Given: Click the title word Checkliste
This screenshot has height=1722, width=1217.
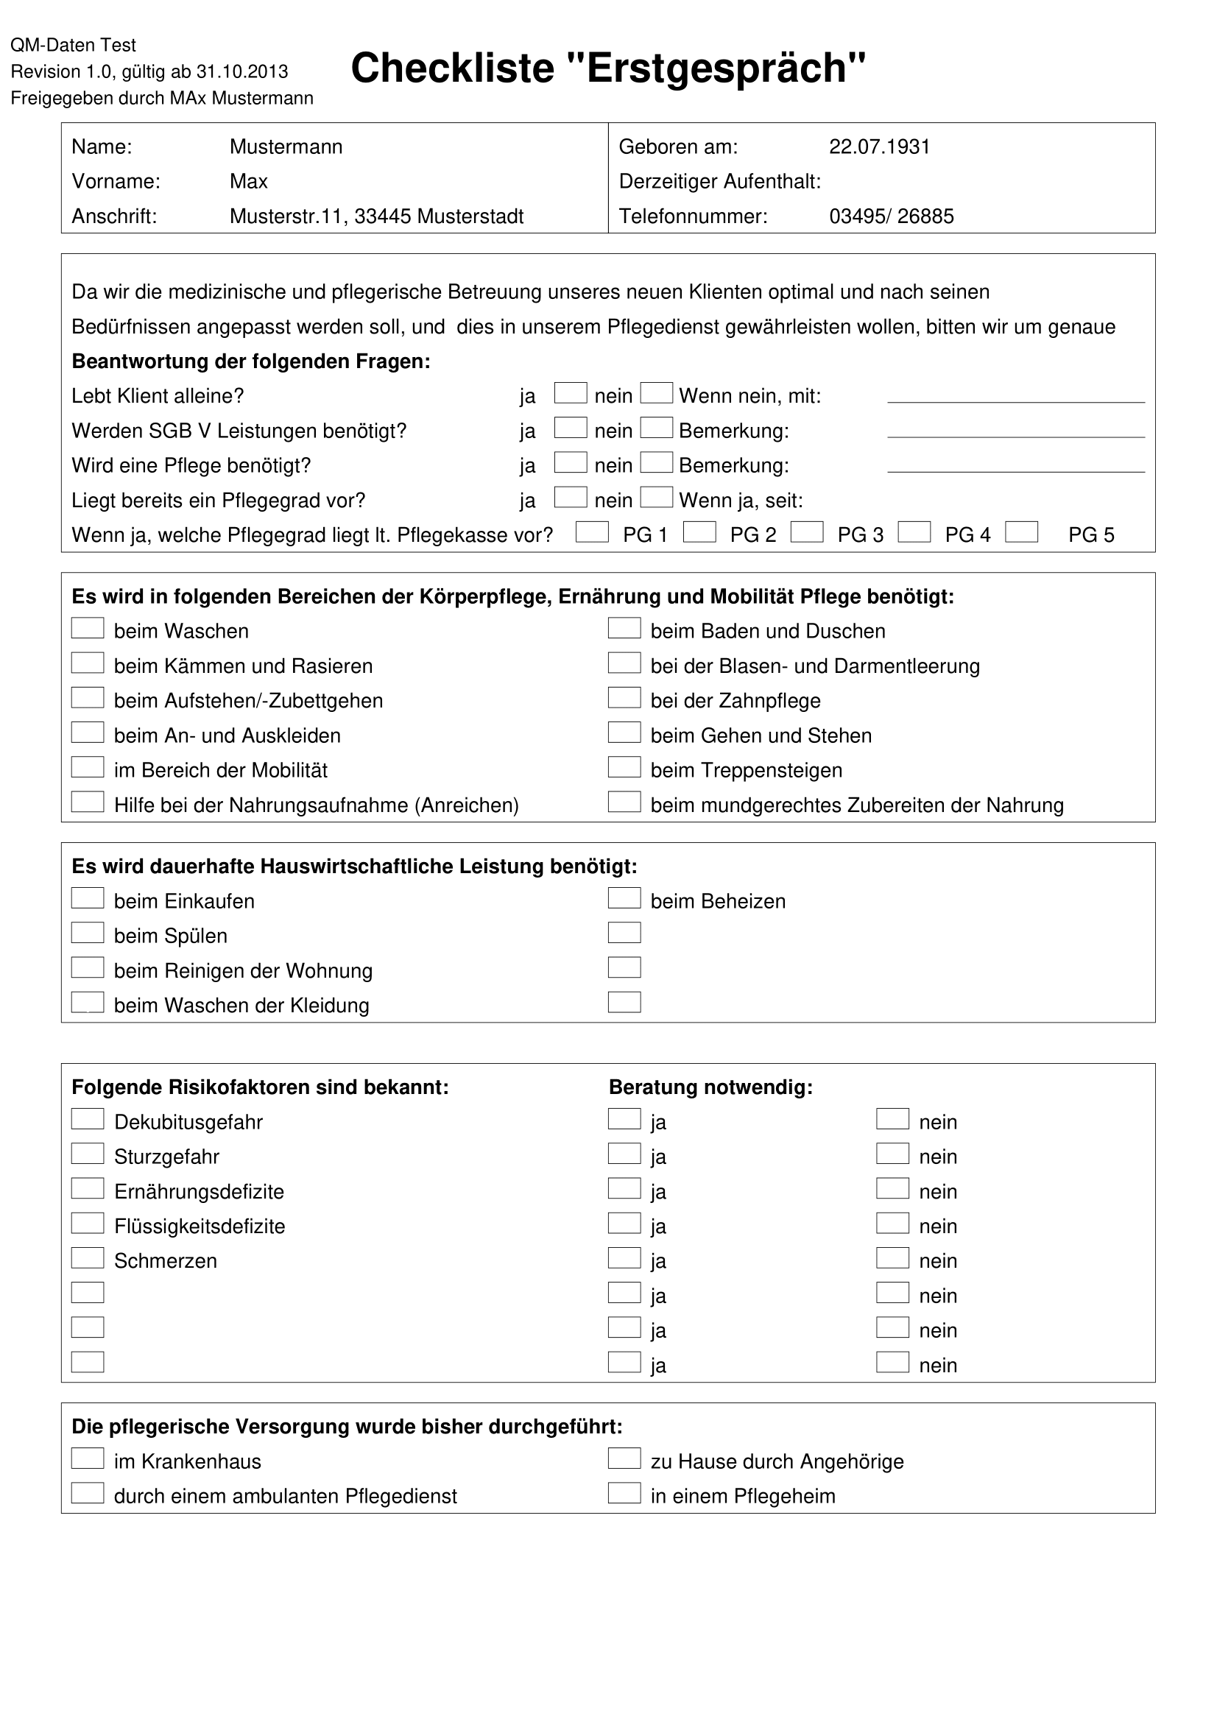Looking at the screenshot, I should [452, 68].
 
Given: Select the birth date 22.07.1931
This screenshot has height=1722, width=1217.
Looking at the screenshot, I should [879, 147].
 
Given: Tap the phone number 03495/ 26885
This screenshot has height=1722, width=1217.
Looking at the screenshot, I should [891, 216].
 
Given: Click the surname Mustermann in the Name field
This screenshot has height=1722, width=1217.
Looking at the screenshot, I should [286, 147].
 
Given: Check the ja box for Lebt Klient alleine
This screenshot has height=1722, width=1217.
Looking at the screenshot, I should [570, 393].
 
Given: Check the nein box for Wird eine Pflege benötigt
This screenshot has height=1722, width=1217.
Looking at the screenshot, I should [656, 463].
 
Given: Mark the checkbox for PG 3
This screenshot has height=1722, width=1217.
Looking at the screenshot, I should [807, 532].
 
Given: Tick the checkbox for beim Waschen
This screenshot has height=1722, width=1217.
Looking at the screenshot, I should [88, 629].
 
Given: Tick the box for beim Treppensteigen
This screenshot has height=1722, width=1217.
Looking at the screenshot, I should [624, 767].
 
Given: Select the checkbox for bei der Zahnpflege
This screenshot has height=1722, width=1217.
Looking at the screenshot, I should [624, 698].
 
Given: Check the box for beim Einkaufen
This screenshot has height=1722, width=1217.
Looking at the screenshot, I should [88, 898].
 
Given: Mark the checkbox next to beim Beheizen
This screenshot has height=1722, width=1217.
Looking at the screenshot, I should [624, 898].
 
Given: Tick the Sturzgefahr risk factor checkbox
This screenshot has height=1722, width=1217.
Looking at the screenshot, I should [88, 1154].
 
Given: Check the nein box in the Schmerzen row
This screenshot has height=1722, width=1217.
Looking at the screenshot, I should [892, 1258].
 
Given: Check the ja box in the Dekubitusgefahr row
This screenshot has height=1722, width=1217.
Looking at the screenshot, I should [624, 1119].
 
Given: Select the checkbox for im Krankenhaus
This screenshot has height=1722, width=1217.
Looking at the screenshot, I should [88, 1458].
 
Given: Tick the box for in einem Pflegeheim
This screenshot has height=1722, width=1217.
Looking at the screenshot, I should [624, 1493].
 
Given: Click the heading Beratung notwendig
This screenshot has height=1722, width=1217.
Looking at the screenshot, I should [710, 1087].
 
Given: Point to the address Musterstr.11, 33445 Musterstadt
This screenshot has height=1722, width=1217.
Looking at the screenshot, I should [376, 216].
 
